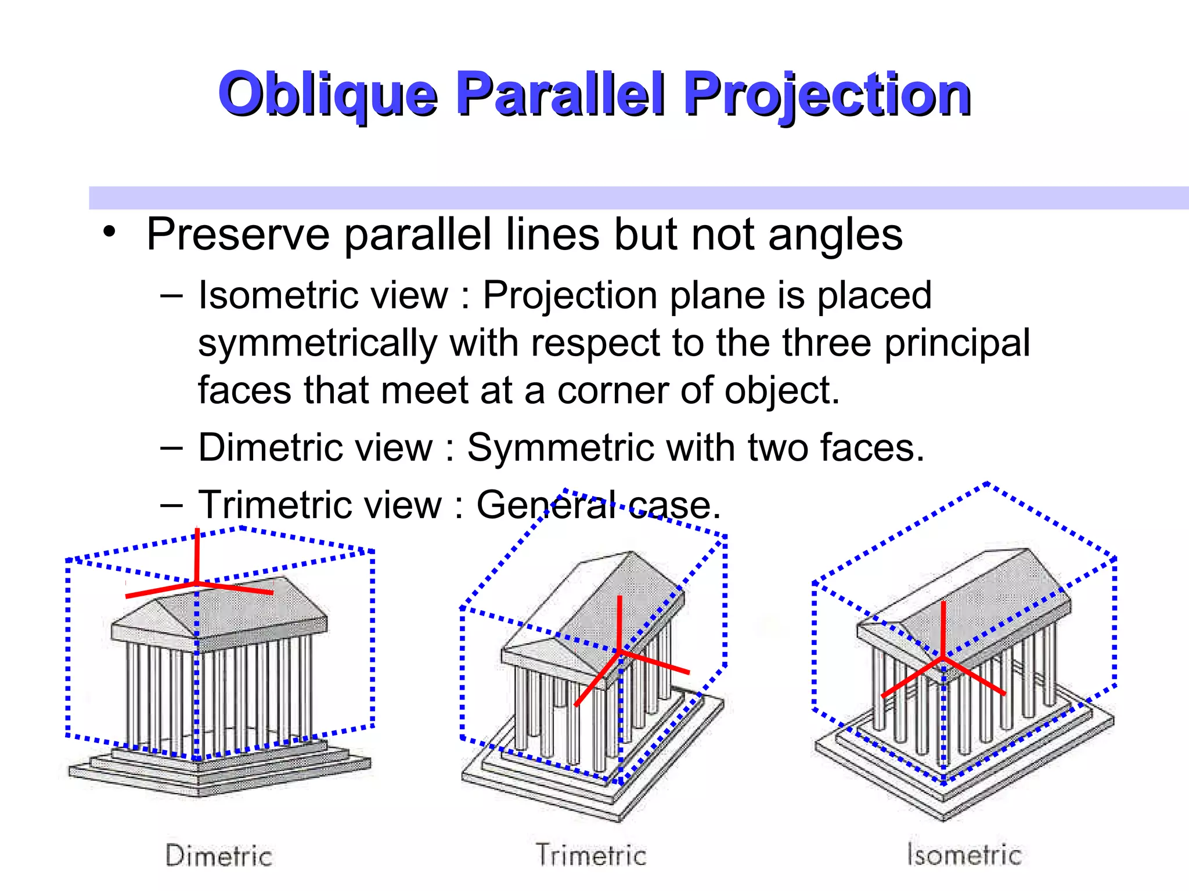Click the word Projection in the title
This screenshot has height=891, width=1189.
827,95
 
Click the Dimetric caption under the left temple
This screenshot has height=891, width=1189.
219,856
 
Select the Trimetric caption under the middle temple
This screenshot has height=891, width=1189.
591,855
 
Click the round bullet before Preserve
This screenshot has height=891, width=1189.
109,233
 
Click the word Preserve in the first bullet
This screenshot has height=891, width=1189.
238,234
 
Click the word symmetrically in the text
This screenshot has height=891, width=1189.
317,343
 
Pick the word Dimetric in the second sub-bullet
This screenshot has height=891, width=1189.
273,448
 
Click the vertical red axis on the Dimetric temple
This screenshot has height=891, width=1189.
197,554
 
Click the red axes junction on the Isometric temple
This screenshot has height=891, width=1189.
943,658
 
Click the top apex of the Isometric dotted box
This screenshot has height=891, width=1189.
988,483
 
